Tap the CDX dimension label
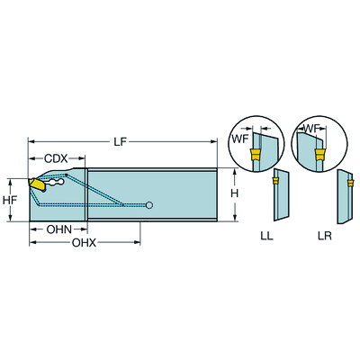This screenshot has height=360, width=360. click(x=56, y=158)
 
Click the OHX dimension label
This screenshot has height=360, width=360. click(x=84, y=243)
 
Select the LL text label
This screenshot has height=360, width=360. click(x=266, y=236)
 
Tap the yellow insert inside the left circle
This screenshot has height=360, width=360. click(x=255, y=157)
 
